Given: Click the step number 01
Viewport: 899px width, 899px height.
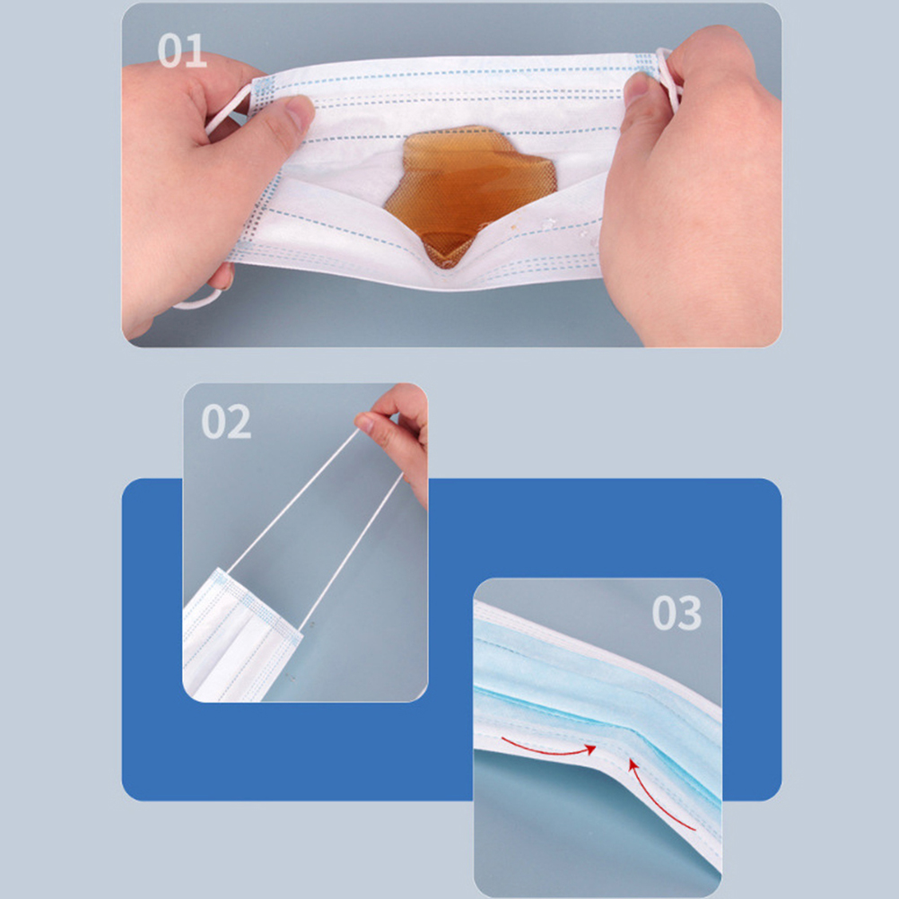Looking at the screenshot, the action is (182, 50).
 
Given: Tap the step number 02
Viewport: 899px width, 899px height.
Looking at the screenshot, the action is (226, 422).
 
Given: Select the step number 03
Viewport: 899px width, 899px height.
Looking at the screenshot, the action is (676, 613).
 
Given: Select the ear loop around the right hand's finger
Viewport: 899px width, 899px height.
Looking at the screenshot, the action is (668, 77).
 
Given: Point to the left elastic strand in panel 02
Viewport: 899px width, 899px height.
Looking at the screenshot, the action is (293, 502).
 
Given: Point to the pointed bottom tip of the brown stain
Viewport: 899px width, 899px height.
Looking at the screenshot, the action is (445, 266).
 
